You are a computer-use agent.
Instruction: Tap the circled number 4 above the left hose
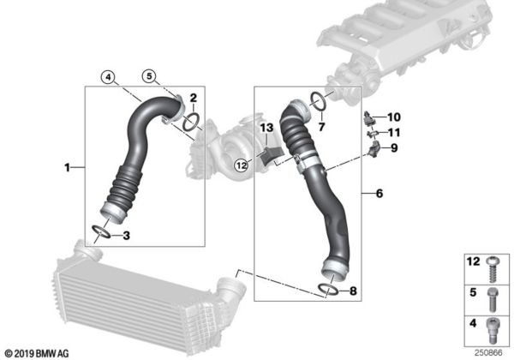[106, 76]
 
